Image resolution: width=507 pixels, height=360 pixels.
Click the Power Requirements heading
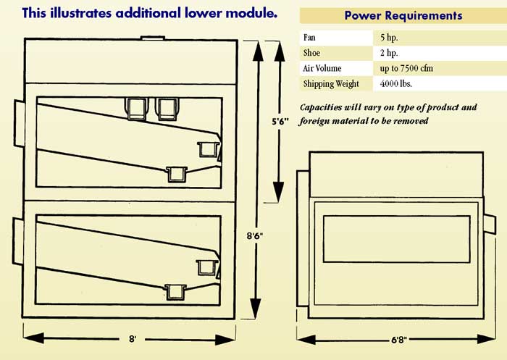coord(403,15)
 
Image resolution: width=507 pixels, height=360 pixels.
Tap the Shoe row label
coord(311,52)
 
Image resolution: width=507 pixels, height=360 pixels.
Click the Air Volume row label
coord(323,68)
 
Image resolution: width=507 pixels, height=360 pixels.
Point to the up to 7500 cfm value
coord(406,68)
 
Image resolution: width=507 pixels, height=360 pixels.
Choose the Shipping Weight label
coord(331,84)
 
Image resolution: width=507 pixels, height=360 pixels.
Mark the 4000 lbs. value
coord(394,84)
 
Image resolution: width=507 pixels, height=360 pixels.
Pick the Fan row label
coord(309,36)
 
